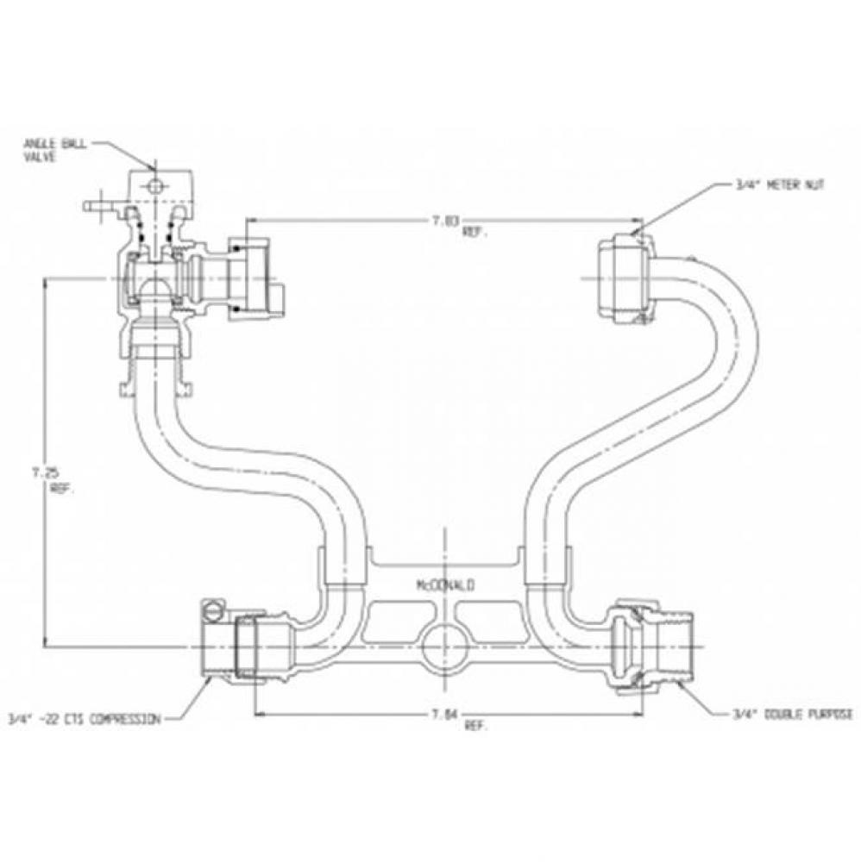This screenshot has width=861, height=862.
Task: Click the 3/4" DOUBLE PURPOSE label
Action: [792, 715]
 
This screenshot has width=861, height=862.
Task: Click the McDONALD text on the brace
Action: [444, 584]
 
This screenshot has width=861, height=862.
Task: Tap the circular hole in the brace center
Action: [443, 644]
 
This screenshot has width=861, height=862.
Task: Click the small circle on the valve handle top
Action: [153, 186]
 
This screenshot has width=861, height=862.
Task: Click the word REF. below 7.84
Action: [475, 726]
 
